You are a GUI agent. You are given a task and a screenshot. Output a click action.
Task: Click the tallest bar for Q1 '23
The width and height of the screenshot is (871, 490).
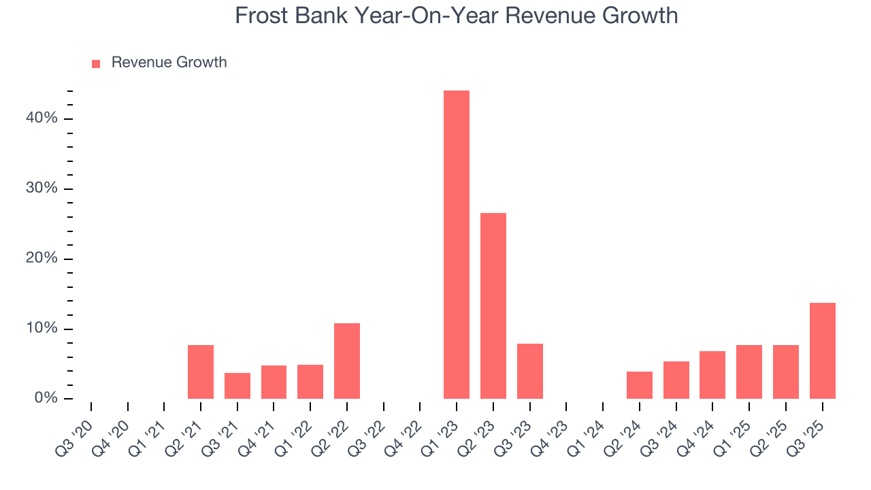pos(457,245)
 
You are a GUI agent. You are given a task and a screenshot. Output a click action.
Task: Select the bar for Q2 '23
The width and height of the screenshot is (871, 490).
pos(493,306)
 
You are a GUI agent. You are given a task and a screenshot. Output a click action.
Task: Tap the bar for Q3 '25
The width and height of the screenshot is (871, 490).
pos(823,351)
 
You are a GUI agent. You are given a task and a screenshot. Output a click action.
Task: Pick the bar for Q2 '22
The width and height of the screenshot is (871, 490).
pos(347,361)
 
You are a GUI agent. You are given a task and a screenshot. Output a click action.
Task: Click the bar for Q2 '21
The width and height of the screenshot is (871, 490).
pos(201,372)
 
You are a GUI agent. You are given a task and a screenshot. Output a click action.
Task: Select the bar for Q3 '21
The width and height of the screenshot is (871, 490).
pos(237,386)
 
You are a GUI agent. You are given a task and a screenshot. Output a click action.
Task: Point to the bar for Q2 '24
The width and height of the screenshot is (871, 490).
pos(640,385)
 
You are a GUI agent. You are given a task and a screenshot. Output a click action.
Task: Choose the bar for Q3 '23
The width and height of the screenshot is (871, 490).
pos(530,372)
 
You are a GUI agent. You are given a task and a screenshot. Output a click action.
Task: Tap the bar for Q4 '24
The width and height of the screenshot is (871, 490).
pos(712,375)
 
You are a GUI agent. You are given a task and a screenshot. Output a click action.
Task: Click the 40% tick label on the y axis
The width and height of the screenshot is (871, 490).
pos(42,118)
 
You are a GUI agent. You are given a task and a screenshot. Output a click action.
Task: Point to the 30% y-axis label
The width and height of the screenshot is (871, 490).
pos(42,189)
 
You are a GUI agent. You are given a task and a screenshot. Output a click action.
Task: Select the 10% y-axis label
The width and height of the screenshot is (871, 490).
pos(42,329)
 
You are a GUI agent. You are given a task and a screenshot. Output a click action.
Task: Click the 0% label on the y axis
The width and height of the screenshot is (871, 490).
pos(46,398)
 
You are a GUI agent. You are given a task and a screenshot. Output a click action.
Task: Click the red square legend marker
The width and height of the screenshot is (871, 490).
pos(96,63)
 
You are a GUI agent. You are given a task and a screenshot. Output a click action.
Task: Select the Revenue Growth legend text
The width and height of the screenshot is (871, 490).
pos(169,63)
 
